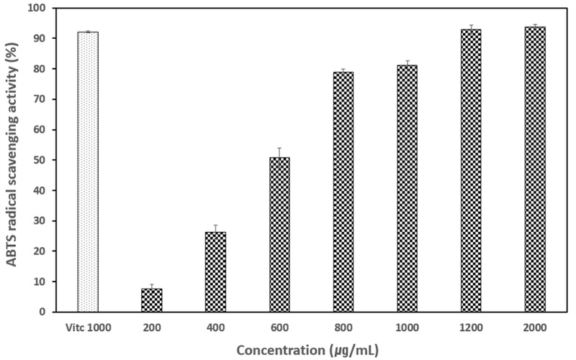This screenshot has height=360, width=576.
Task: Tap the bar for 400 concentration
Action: [x=215, y=271]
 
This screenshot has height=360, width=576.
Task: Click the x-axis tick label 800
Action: [x=343, y=326]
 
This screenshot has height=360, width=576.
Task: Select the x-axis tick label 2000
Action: [x=535, y=326]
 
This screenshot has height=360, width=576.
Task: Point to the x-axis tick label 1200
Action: [x=471, y=326]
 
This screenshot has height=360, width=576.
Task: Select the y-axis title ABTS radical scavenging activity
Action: [x=12, y=160]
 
